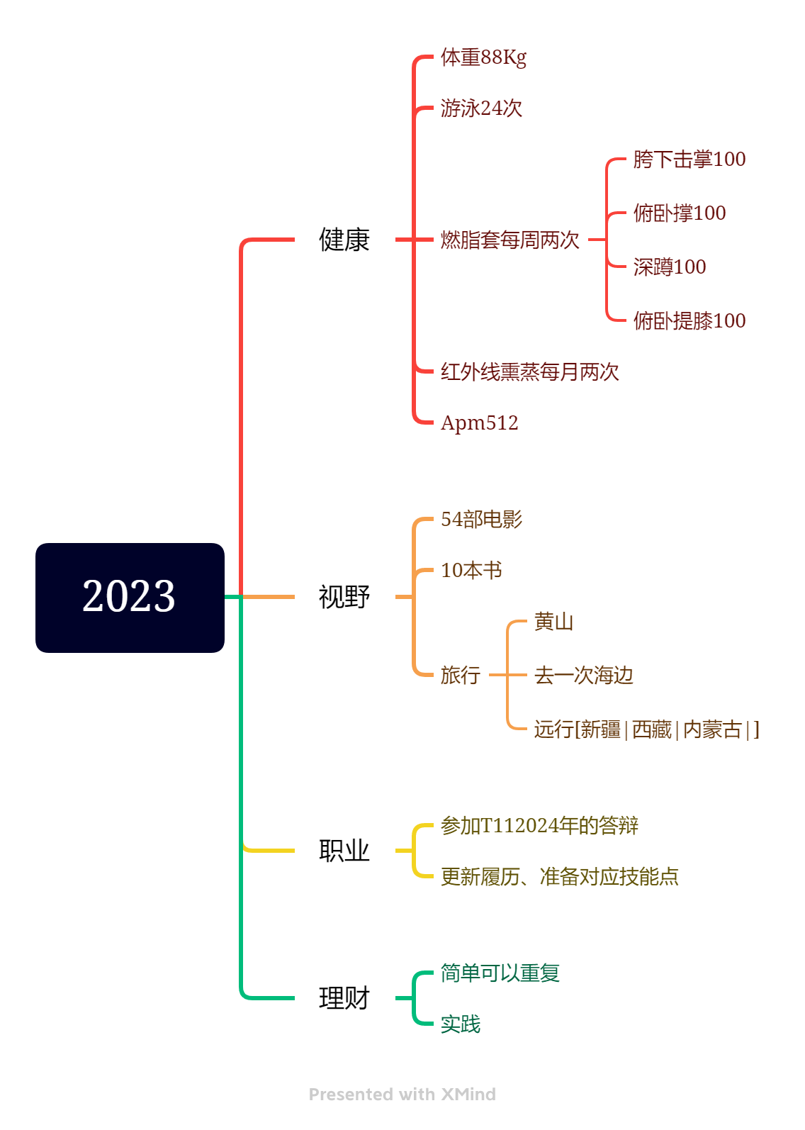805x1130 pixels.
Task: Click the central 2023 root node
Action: pyautogui.click(x=130, y=598)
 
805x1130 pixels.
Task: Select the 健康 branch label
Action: pyautogui.click(x=344, y=240)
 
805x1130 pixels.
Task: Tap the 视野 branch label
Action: pyautogui.click(x=344, y=597)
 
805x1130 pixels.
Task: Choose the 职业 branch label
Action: pyautogui.click(x=344, y=851)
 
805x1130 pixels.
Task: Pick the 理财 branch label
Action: pyautogui.click(x=344, y=998)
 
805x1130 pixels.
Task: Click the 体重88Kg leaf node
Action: pyautogui.click(x=483, y=57)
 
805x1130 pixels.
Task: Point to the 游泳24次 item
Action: pyautogui.click(x=481, y=108)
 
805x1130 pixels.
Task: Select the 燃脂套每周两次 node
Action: pyautogui.click(x=510, y=240)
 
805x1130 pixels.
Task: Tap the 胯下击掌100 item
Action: pyautogui.click(x=689, y=159)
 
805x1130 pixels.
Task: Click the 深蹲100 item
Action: pyautogui.click(x=670, y=267)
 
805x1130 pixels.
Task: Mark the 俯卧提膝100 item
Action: pyautogui.click(x=689, y=320)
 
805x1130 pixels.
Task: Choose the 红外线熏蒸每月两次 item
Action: pyautogui.click(x=529, y=371)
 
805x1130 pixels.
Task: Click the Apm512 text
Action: pyautogui.click(x=479, y=423)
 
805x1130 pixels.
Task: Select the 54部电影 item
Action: pyautogui.click(x=481, y=519)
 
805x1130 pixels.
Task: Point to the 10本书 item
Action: pyautogui.click(x=471, y=570)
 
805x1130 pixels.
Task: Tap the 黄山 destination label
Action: pyautogui.click(x=554, y=622)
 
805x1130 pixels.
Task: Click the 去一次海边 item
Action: pyautogui.click(x=584, y=675)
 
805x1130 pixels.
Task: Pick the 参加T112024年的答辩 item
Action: pyautogui.click(x=539, y=825)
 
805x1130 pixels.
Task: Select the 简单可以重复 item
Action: pyautogui.click(x=500, y=973)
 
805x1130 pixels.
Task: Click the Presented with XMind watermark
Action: pyautogui.click(x=402, y=1094)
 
